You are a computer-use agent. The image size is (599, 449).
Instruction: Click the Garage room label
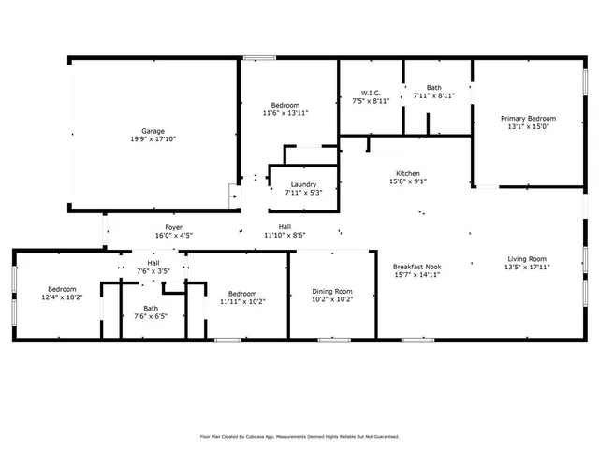(x=153, y=130)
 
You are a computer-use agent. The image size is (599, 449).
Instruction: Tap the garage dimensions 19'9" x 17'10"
(x=153, y=138)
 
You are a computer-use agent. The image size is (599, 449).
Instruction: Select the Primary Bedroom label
(x=528, y=119)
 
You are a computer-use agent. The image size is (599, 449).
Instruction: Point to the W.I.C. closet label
(x=370, y=93)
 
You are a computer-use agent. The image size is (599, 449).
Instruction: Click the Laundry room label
(x=303, y=184)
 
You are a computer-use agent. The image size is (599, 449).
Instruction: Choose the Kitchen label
(x=407, y=174)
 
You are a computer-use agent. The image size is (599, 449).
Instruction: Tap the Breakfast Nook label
(x=416, y=267)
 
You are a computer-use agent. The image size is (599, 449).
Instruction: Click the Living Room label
(x=528, y=258)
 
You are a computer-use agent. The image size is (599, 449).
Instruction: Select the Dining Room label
(x=332, y=292)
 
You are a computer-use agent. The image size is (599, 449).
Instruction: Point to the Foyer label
(x=174, y=227)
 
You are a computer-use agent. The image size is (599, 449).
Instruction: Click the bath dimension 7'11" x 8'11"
(x=433, y=95)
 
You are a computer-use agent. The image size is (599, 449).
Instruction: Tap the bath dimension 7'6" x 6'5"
(x=151, y=316)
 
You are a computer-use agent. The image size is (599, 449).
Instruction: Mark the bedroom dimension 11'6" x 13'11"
(x=285, y=113)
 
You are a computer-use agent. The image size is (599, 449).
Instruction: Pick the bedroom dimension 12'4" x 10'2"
(x=62, y=298)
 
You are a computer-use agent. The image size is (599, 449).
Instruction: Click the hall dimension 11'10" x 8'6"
(x=285, y=236)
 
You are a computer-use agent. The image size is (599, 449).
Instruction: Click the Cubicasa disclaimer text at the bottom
(x=299, y=436)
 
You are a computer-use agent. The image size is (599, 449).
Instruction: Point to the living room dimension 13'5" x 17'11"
(x=528, y=267)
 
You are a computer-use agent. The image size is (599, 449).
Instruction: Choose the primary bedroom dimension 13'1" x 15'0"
(x=528, y=128)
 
